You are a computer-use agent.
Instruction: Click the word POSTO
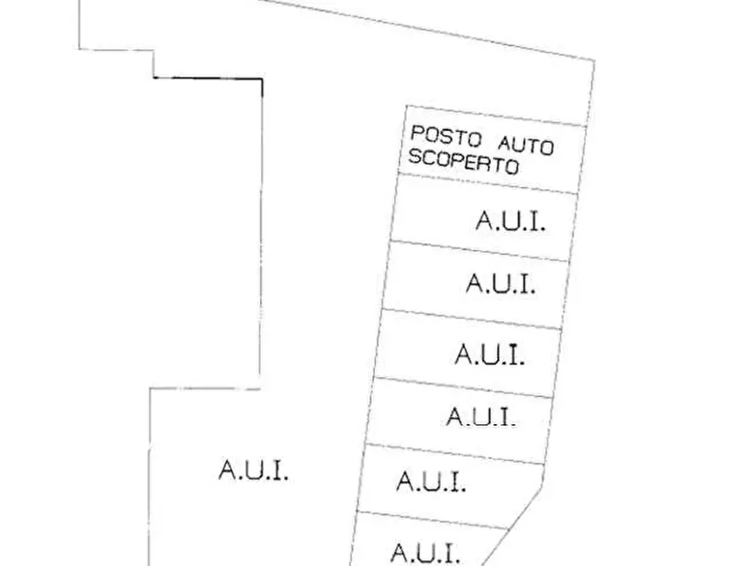tap(442, 137)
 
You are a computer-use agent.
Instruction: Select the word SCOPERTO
tap(463, 161)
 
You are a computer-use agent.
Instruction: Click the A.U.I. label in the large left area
tap(253, 471)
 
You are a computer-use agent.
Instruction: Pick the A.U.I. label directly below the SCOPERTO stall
tap(510, 222)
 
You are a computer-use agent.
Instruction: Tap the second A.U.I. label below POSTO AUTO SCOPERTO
tap(501, 283)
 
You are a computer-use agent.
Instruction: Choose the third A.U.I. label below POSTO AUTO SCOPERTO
tap(490, 354)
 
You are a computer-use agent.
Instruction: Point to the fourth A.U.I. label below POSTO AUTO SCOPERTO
tap(480, 417)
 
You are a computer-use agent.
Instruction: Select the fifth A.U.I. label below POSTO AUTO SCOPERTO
tap(431, 482)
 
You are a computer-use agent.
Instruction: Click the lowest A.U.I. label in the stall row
tap(425, 554)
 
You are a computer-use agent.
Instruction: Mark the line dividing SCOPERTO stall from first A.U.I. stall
tap(488, 184)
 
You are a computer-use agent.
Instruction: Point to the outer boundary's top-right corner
tap(594, 61)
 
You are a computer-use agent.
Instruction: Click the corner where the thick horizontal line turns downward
tap(261, 79)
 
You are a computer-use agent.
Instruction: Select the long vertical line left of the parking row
tap(260, 228)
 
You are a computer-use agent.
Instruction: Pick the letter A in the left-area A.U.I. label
tap(226, 471)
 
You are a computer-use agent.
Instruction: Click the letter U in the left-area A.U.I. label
tap(254, 471)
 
